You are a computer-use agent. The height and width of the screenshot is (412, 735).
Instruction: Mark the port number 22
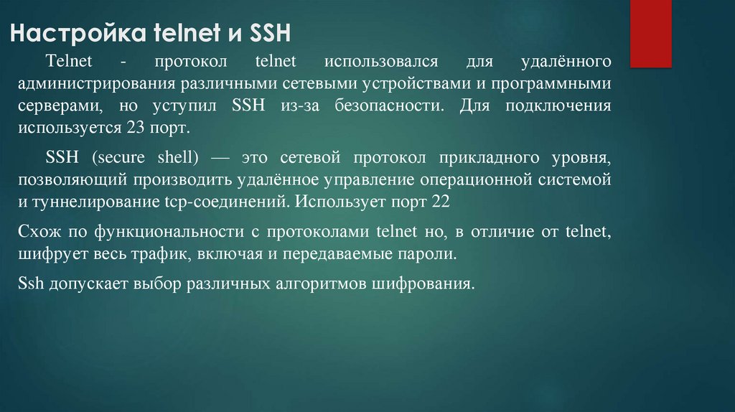(440, 202)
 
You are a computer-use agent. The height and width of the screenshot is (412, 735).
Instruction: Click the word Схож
(36, 232)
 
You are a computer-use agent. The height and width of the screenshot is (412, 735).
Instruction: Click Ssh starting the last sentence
(32, 283)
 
